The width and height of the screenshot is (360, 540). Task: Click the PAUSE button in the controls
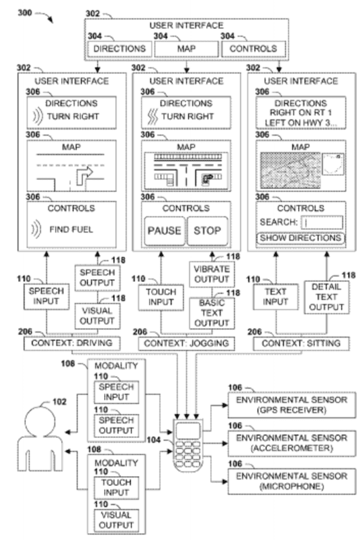click(x=165, y=231)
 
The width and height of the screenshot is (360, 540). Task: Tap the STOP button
click(x=207, y=231)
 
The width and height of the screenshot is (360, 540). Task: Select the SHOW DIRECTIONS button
click(x=300, y=238)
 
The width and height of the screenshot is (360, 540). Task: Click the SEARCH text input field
click(x=322, y=222)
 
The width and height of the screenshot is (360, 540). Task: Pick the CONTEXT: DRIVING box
click(x=72, y=343)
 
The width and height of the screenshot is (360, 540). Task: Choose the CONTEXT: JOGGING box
click(x=186, y=343)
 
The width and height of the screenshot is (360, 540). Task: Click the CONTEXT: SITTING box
click(x=301, y=343)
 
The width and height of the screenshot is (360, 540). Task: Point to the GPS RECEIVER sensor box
click(x=292, y=405)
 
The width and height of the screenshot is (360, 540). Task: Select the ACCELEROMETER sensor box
click(x=292, y=443)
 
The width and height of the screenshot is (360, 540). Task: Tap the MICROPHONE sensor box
click(x=292, y=481)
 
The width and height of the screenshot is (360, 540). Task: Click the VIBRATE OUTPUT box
click(x=212, y=274)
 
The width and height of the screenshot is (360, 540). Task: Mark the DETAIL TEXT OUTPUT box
click(x=326, y=297)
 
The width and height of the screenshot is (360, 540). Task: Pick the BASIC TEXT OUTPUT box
click(x=212, y=313)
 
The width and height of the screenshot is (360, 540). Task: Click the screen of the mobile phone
click(x=188, y=431)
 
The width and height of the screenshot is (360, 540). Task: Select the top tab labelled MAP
click(x=186, y=49)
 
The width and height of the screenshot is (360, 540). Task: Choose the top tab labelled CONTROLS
click(x=253, y=49)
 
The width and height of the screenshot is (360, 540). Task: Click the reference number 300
click(x=25, y=13)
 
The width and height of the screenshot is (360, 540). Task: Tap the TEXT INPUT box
click(x=276, y=297)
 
